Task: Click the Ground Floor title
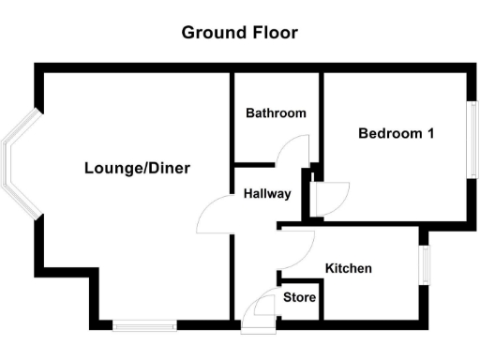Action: click(239, 33)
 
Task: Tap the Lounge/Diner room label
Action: click(137, 169)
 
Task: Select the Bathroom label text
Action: click(276, 113)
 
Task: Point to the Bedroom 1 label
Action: click(396, 133)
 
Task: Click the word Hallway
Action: click(267, 194)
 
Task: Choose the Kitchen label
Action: click(348, 269)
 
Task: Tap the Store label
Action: click(300, 299)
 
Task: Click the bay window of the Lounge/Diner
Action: click(19, 164)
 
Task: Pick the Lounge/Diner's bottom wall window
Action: click(144, 325)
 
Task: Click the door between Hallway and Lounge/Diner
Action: click(214, 217)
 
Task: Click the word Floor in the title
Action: click(273, 33)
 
